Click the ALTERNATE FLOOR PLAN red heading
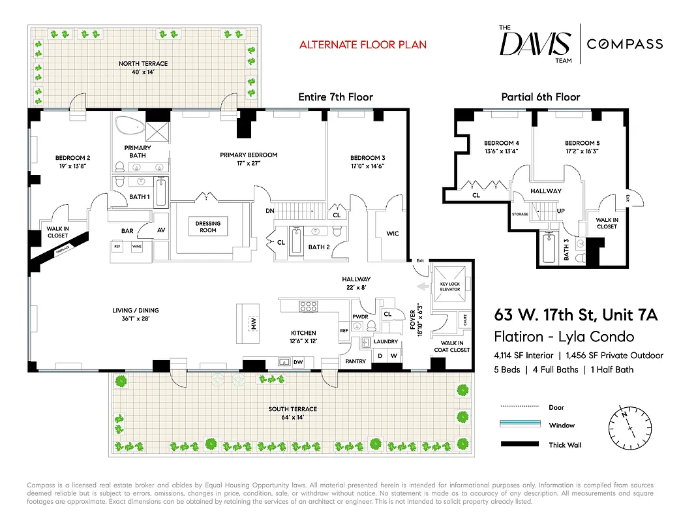tap(363, 45)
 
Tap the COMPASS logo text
tap(625, 44)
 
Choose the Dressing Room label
tap(208, 226)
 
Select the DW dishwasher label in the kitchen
tap(298, 361)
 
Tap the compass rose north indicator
tap(624, 414)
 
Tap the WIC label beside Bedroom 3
tap(392, 234)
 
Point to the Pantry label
tap(356, 361)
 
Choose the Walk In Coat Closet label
tap(451, 346)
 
